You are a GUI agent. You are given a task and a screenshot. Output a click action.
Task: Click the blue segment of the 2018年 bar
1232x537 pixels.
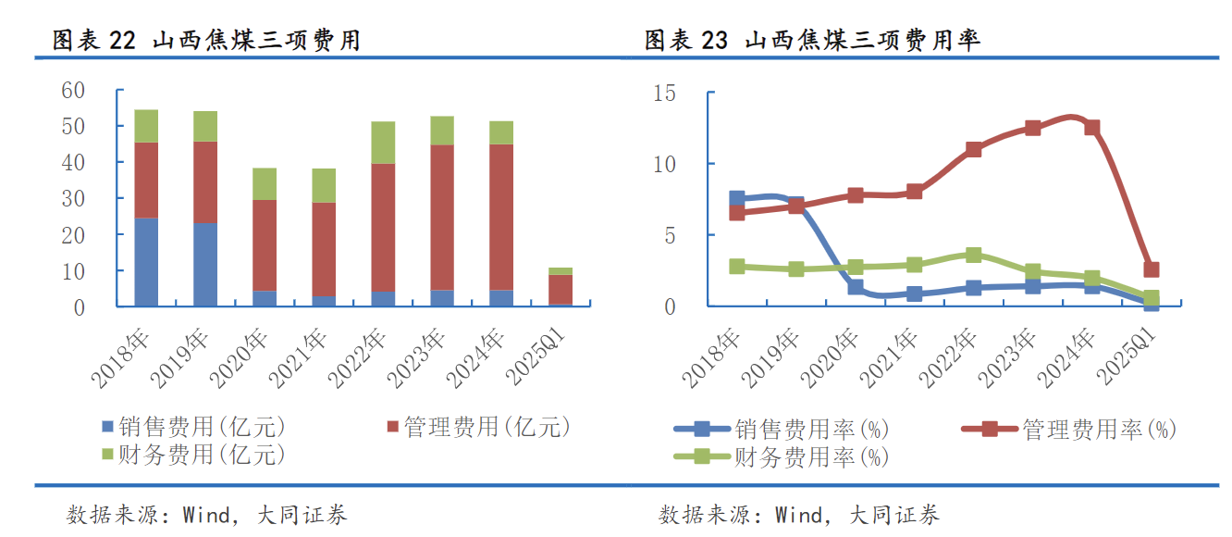[146, 262]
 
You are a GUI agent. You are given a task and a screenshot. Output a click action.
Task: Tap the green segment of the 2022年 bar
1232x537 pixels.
[383, 143]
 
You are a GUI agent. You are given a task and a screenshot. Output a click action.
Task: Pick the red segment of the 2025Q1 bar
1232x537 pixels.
[561, 289]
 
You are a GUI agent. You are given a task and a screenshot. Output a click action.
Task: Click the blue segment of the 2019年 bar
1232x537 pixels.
[205, 265]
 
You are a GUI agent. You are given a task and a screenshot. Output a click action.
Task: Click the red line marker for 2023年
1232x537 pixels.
[1032, 128]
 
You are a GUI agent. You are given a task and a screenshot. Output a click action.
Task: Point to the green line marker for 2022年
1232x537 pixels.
[973, 255]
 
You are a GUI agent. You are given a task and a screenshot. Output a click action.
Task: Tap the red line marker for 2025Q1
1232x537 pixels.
[1151, 269]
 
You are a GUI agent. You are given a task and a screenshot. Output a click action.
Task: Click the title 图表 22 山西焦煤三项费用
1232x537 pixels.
[205, 40]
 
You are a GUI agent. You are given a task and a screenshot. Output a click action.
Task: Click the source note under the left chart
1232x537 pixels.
[207, 515]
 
